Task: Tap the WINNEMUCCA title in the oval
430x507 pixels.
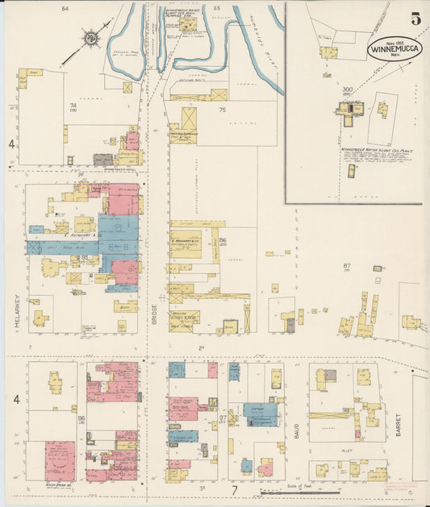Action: tap(395, 48)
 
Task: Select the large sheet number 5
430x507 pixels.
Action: tap(414, 19)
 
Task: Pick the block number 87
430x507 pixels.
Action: tap(348, 264)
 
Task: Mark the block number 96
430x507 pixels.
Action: tap(81, 418)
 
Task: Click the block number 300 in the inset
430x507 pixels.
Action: tap(348, 89)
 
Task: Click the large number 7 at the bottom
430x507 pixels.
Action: tap(234, 489)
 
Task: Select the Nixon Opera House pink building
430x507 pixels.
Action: tap(59, 460)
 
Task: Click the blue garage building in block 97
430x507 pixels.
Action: tap(260, 414)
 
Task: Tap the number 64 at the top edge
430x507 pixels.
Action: tap(65, 8)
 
